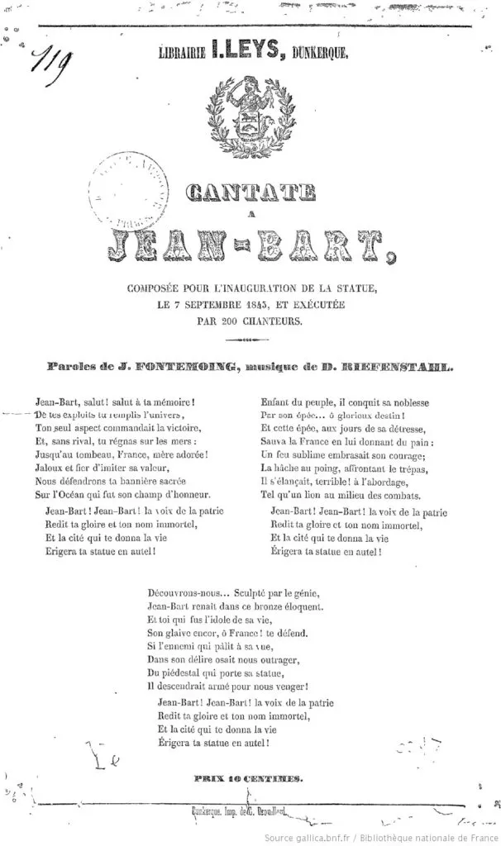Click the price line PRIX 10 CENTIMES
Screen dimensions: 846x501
click(247, 777)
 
